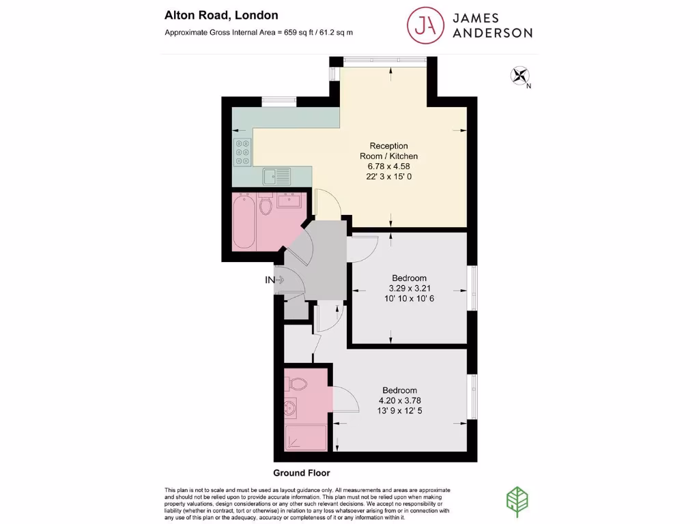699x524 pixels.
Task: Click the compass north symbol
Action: (x=520, y=75)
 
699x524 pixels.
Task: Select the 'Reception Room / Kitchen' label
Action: (x=388, y=151)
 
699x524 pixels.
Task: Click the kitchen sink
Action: (x=277, y=176)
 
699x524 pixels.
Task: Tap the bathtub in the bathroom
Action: (x=244, y=222)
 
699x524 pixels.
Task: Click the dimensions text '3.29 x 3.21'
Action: (x=409, y=288)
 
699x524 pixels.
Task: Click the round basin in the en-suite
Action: (x=291, y=410)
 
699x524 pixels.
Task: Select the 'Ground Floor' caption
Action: (x=301, y=473)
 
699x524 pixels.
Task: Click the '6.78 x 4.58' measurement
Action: (x=388, y=166)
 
